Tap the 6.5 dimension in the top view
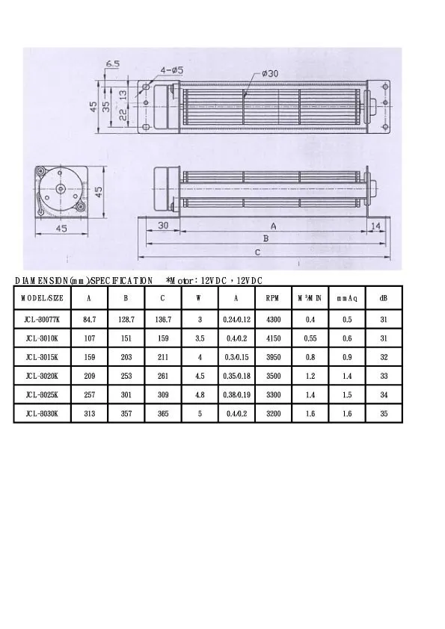point(113,64)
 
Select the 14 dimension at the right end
point(375,226)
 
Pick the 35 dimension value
point(108,107)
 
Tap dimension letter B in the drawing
point(264,239)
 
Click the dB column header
point(384,297)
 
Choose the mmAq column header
point(347,297)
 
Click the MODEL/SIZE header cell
point(42,297)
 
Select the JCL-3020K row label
point(42,376)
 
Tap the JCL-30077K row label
point(42,320)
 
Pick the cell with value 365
point(163,413)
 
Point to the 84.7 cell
point(90,320)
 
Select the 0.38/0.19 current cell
point(236,394)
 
